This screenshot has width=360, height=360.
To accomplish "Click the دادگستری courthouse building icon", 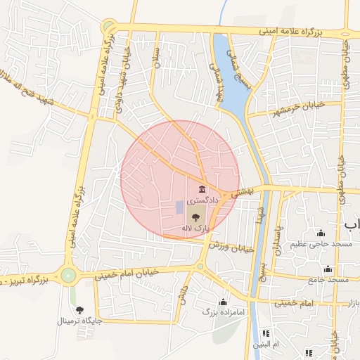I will pos(202,189).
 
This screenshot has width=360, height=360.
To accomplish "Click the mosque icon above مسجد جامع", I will pos(328,269).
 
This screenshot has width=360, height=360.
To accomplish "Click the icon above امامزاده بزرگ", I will pos(224,301).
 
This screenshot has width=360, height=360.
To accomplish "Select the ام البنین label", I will pos(266,344).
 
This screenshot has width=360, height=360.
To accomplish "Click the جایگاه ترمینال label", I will pos(79,321).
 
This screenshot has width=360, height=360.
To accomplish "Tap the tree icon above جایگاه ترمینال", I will pos(79,310).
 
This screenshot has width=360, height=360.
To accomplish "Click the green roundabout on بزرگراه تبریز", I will pos(68,275).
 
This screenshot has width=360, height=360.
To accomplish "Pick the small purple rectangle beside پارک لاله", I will pos(179,207).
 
